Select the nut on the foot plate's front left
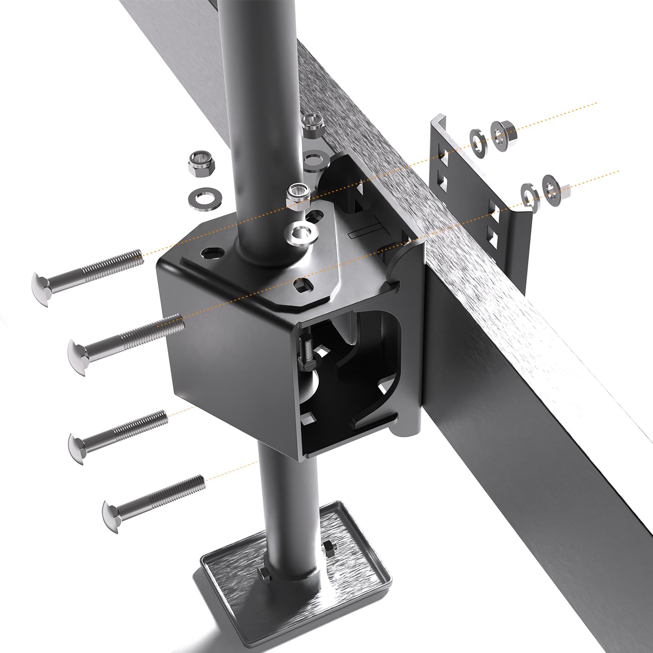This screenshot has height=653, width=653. (x=265, y=577)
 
